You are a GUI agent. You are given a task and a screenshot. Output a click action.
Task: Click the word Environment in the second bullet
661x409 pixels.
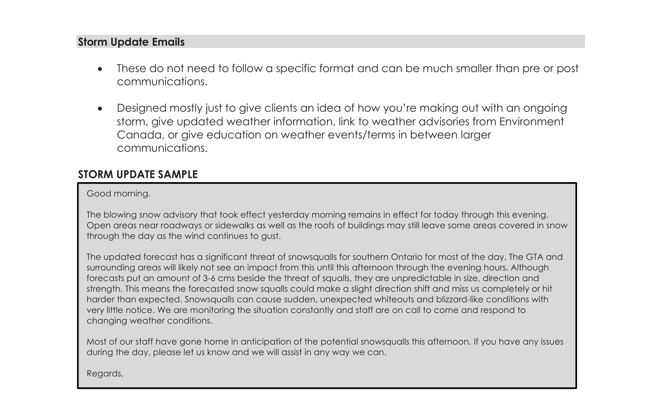pos(531,122)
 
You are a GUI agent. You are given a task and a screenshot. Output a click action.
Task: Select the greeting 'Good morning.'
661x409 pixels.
pos(118,193)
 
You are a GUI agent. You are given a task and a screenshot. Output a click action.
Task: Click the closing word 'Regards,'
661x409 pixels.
pos(105,373)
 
